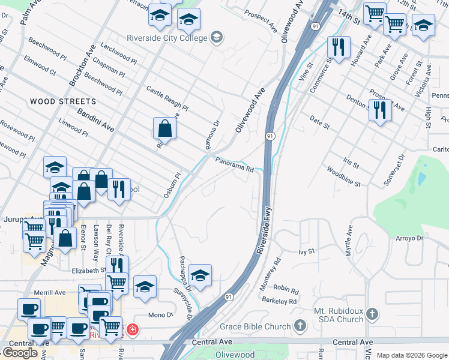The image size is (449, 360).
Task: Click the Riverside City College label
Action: [166, 37]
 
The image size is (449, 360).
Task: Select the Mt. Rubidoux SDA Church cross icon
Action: [372, 314]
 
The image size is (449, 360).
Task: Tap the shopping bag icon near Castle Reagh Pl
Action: [164, 128]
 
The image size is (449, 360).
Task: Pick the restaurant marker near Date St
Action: [380, 110]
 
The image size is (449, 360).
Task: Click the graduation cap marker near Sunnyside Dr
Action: [200, 275]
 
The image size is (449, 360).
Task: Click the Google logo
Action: [20, 353]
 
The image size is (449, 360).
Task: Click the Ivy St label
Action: [307, 251]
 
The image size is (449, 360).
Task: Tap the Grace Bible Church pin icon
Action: [301, 326]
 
